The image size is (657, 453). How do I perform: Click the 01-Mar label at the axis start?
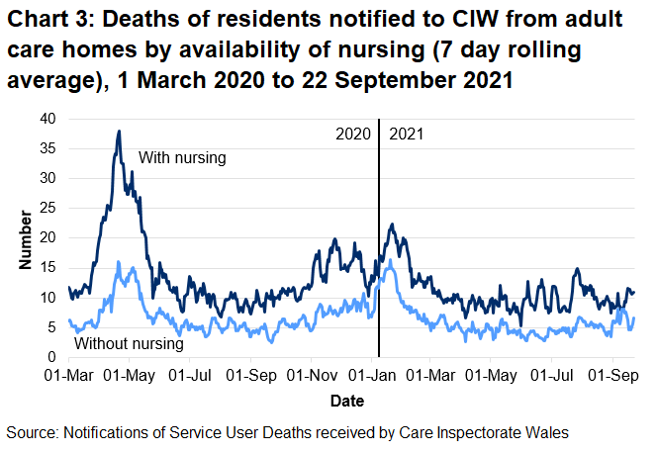(x=68, y=376)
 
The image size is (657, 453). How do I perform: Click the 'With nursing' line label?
(x=183, y=157)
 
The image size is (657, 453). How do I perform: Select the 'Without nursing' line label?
(x=130, y=344)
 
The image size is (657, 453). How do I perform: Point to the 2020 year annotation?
(x=352, y=134)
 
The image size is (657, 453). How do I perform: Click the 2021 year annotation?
(x=407, y=134)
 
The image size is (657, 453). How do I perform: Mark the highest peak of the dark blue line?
(x=119, y=132)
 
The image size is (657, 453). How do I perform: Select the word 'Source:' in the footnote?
(x=32, y=433)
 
